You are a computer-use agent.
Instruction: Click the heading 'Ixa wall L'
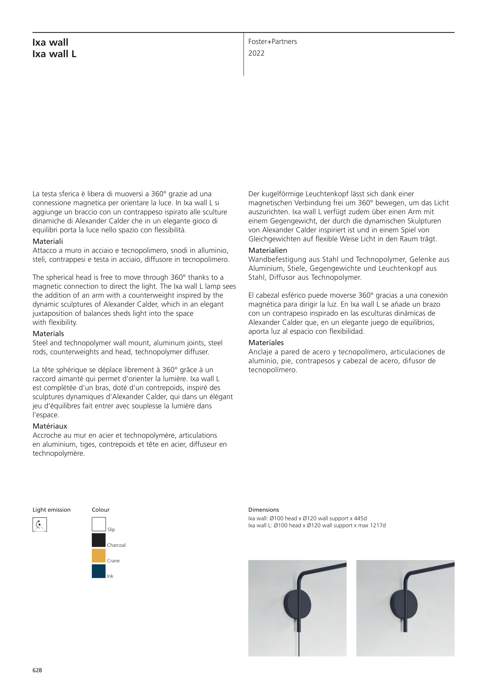(54, 54)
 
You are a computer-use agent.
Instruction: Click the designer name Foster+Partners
(272, 42)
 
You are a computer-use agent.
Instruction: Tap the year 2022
(256, 53)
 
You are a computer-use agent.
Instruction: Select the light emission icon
(40, 525)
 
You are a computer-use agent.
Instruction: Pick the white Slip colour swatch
(99, 524)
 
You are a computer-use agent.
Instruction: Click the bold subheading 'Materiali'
(48, 241)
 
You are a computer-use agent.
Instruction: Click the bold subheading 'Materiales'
(266, 343)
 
